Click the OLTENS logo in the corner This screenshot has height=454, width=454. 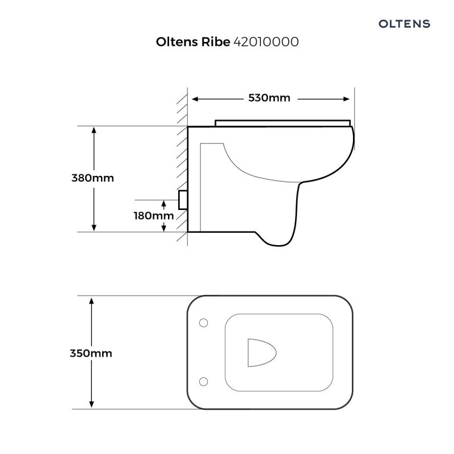[x=404, y=24]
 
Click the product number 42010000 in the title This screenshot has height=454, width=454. [x=266, y=43]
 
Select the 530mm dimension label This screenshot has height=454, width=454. [x=269, y=98]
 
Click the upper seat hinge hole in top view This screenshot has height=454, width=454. [x=203, y=323]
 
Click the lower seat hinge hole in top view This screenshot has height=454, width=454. [x=203, y=380]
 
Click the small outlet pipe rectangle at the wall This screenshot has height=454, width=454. [x=183, y=200]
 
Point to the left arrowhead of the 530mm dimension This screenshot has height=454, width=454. [x=195, y=99]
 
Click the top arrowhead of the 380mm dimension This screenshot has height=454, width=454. [x=94, y=130]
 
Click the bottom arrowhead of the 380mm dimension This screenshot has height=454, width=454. [x=94, y=228]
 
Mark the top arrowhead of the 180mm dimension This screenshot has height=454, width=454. [x=164, y=203]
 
